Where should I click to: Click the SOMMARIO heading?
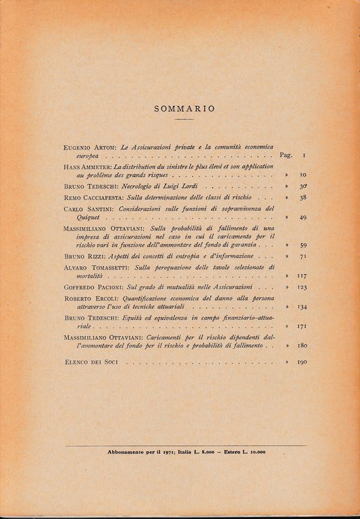pyautogui.click(x=184, y=107)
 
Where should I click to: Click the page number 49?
pyautogui.click(x=303, y=218)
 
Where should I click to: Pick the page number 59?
pyautogui.click(x=303, y=245)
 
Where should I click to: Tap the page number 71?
pyautogui.click(x=303, y=257)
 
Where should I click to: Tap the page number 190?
pyautogui.click(x=302, y=363)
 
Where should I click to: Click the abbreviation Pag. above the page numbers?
pyautogui.click(x=285, y=155)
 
